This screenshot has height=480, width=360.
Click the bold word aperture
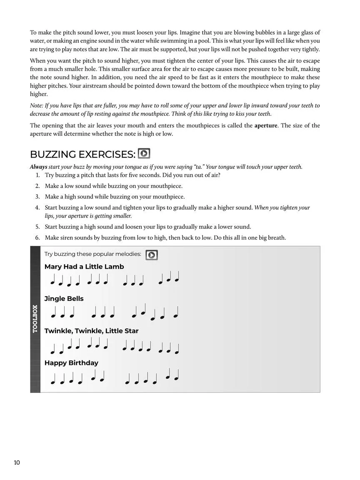[266, 125]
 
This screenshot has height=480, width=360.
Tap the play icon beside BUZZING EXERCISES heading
[144, 154]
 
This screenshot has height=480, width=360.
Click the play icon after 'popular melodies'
[152, 255]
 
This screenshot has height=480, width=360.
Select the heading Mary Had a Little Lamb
[84, 267]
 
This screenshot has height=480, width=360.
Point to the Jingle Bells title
[64, 299]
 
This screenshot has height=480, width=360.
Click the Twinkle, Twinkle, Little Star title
[91, 331]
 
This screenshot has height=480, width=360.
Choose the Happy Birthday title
[71, 363]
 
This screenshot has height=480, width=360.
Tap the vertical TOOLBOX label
[35, 319]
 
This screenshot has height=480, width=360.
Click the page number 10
[17, 462]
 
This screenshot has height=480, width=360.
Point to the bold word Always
[38, 167]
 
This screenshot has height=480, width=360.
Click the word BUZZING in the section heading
[53, 154]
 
